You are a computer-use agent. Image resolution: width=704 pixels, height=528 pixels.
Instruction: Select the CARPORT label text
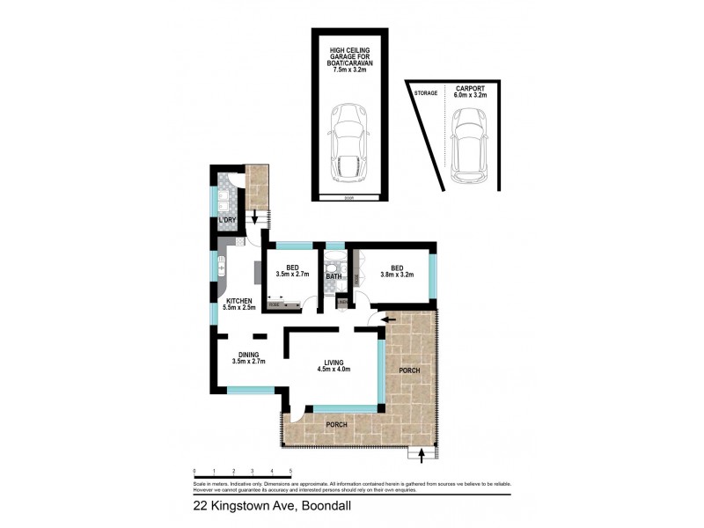[471, 89]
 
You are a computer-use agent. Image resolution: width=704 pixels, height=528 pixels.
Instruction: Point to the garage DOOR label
[350, 198]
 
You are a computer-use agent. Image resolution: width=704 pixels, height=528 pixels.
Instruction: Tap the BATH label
[334, 276]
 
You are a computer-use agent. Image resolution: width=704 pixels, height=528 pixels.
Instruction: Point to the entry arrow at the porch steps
[423, 455]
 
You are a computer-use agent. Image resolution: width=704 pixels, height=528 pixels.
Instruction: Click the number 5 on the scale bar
[290, 473]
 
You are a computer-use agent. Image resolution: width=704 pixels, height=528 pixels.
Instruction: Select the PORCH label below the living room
[336, 425]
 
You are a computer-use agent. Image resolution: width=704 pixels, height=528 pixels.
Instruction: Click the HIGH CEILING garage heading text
[350, 51]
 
